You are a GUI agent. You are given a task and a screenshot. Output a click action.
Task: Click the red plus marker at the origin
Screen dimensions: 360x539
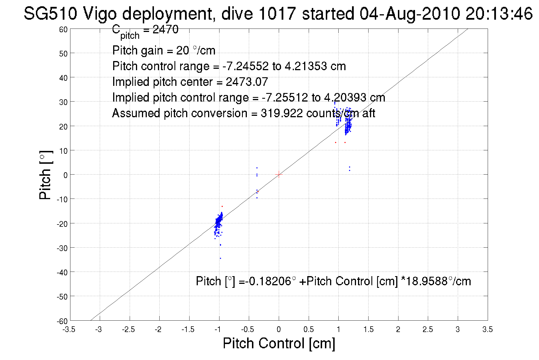click(278, 174)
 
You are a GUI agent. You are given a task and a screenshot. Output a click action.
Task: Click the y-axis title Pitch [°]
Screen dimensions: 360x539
click(46, 175)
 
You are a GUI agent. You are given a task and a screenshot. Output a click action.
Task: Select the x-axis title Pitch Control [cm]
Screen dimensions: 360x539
click(278, 343)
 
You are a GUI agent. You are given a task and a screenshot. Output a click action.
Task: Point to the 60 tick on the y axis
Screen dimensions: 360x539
click(64, 29)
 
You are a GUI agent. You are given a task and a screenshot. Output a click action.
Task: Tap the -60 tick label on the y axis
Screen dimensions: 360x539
click(62, 321)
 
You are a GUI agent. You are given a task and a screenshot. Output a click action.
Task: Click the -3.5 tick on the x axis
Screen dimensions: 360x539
click(69, 329)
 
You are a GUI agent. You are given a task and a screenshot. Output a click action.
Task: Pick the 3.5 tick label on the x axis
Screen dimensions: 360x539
click(487, 329)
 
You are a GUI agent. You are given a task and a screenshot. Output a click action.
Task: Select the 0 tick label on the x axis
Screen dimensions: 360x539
click(278, 329)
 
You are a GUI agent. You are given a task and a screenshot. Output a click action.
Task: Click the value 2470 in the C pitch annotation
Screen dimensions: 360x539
click(165, 29)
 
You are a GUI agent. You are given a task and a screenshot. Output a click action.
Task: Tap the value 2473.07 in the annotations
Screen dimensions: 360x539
click(247, 82)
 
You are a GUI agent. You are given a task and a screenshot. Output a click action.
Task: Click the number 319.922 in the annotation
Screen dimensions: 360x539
click(282, 113)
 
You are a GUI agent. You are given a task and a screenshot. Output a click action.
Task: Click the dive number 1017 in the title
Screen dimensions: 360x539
click(277, 13)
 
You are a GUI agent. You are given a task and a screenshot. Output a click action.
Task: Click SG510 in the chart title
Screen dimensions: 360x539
click(50, 13)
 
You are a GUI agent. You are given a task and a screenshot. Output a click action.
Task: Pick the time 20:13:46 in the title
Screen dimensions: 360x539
click(499, 13)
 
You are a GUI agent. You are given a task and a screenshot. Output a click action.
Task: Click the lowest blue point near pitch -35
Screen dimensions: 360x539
click(220, 258)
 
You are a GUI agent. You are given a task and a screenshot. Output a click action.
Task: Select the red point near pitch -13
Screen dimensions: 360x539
click(222, 206)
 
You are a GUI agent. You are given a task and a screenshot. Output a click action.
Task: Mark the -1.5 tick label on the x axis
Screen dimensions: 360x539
click(188, 329)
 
